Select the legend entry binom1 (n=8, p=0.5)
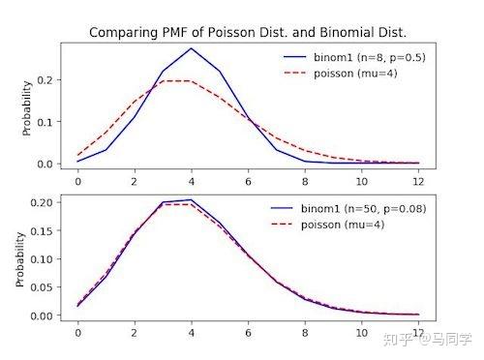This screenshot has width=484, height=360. [x=354, y=57]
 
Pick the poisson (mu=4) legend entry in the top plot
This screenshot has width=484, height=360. [x=341, y=74]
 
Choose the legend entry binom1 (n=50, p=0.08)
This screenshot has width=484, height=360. [x=348, y=208]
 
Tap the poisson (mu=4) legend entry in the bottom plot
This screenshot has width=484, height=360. [x=327, y=225]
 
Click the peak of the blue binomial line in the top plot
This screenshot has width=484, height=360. [x=192, y=48]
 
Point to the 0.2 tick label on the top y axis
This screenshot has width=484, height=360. [x=45, y=79]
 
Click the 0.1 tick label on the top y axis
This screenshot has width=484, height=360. [x=45, y=122]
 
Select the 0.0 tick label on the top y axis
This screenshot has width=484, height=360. [x=45, y=164]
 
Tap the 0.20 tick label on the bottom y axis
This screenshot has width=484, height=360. [x=42, y=202]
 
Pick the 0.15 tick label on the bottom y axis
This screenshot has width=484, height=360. [x=42, y=230]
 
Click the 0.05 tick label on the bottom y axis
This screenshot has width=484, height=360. [x=42, y=287]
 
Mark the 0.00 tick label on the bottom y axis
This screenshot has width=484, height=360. [x=42, y=315]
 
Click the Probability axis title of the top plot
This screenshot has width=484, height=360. [x=27, y=108]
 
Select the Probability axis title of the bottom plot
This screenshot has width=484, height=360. [x=20, y=259]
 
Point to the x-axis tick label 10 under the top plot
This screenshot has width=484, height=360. [x=362, y=182]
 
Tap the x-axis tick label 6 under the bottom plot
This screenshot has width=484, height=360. [x=248, y=333]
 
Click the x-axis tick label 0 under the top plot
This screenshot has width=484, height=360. [x=77, y=182]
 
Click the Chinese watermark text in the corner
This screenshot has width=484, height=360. [x=428, y=340]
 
